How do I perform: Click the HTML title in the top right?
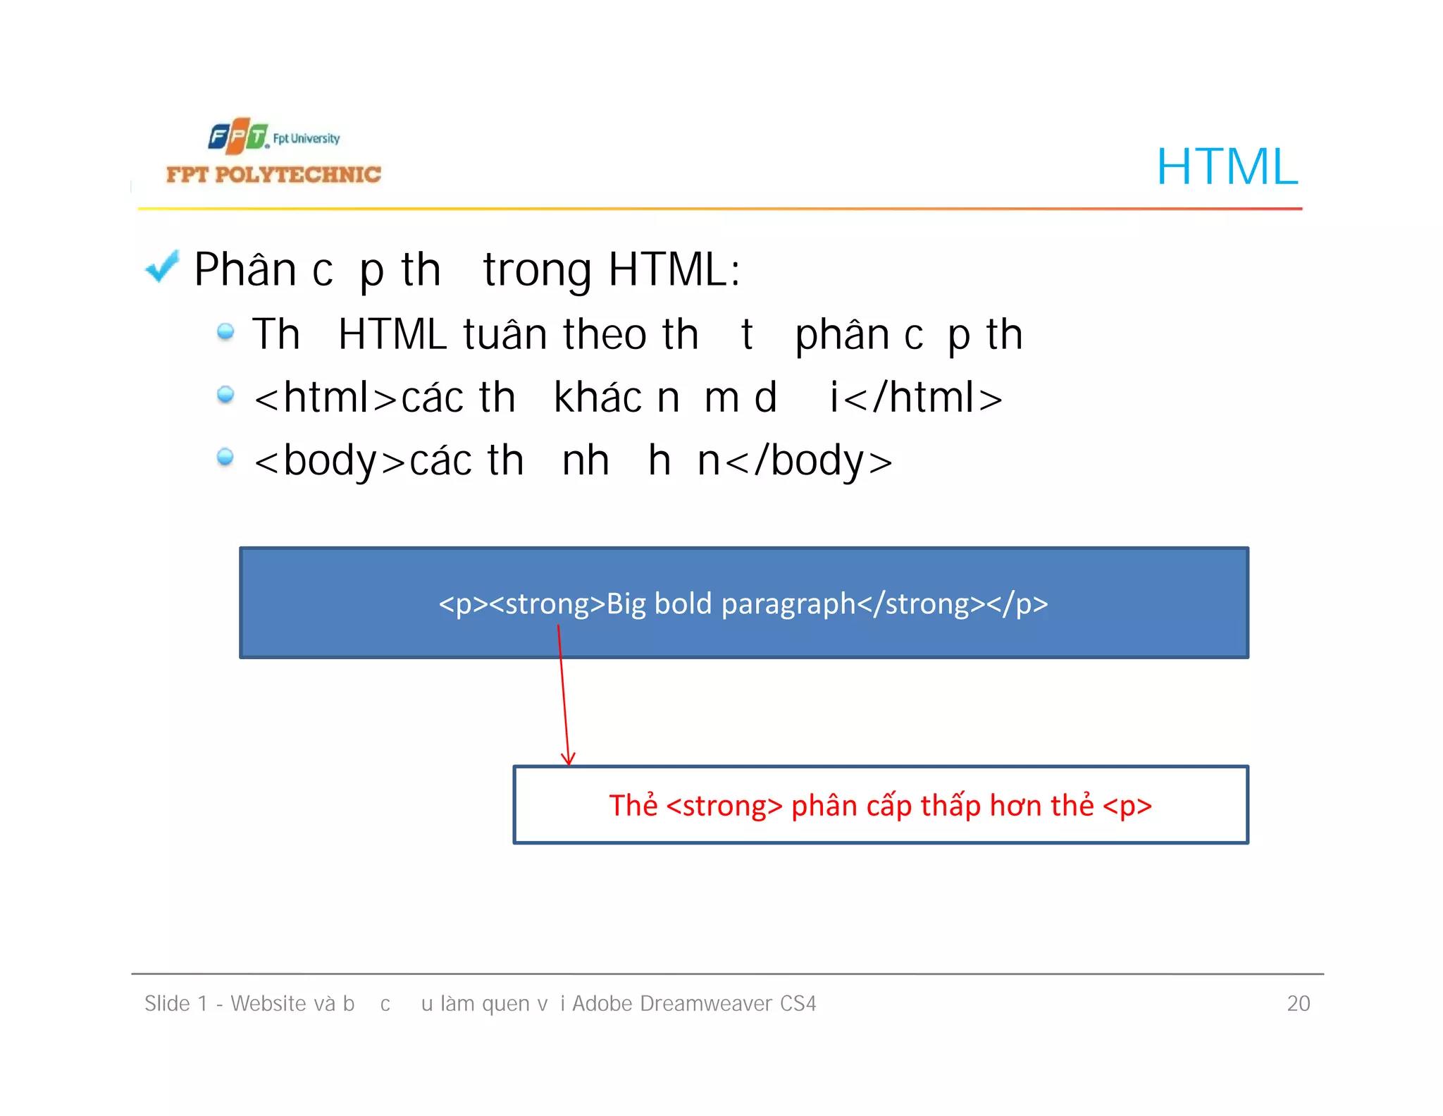[x=1227, y=167]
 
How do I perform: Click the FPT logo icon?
[x=238, y=136]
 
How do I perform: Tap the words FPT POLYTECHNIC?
[x=273, y=174]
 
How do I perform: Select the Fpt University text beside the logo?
[x=306, y=138]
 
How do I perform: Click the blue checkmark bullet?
[x=162, y=267]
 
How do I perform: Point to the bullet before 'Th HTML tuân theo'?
[x=225, y=331]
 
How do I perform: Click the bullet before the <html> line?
[x=225, y=394]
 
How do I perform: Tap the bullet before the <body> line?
[x=225, y=457]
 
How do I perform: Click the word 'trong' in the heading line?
[x=538, y=270]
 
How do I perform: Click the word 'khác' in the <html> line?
[x=597, y=398]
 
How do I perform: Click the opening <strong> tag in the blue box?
[x=547, y=604]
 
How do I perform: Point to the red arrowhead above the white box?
[x=568, y=759]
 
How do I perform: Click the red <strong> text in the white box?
[x=724, y=806]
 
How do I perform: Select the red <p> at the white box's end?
[x=1127, y=806]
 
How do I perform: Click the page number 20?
[x=1298, y=1003]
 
